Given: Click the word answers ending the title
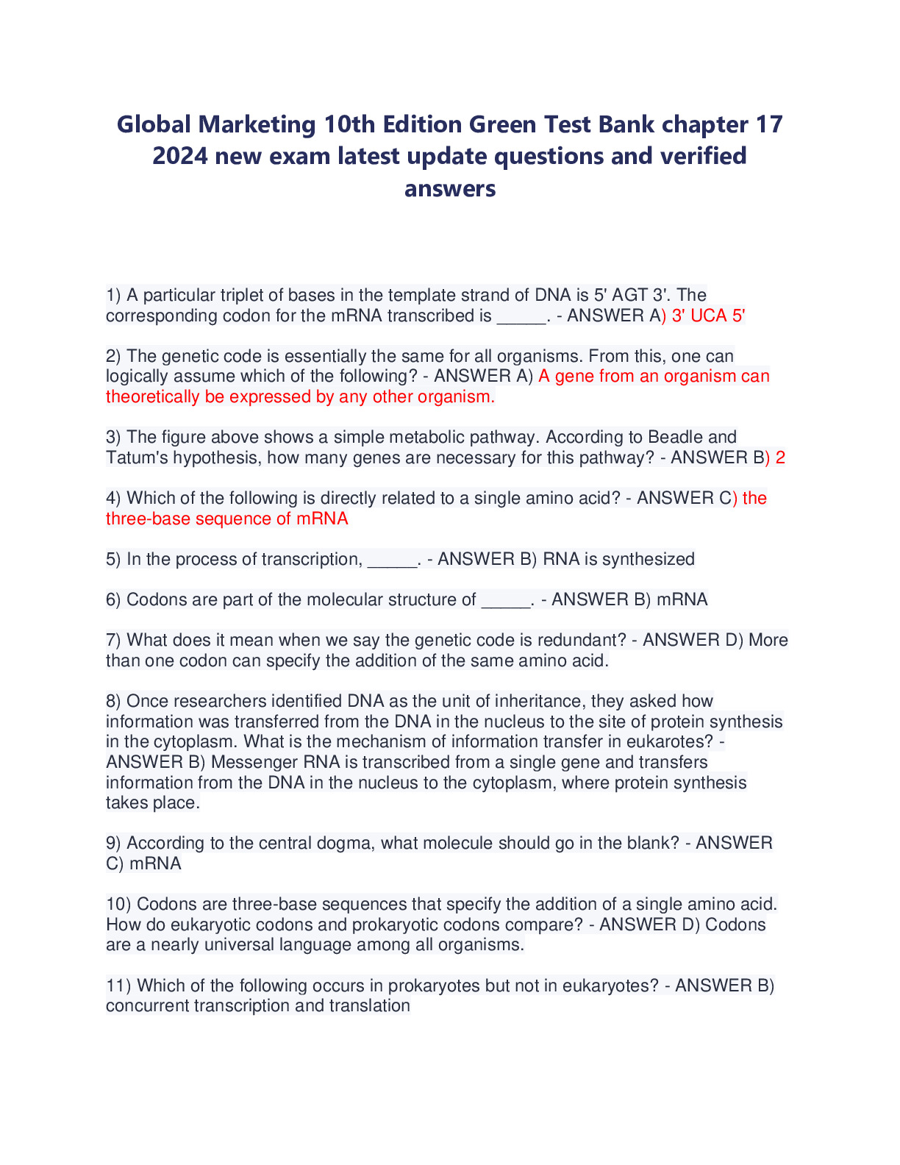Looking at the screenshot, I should click(x=450, y=188).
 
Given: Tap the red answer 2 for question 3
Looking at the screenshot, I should click(x=780, y=457).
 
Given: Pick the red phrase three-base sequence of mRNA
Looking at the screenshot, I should click(x=226, y=519).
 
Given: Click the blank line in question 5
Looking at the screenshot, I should click(x=392, y=560).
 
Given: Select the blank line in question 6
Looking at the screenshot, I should click(x=506, y=601).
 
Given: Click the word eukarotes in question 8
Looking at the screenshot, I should click(x=673, y=741).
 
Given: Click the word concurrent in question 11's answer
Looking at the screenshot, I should click(x=147, y=1005).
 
